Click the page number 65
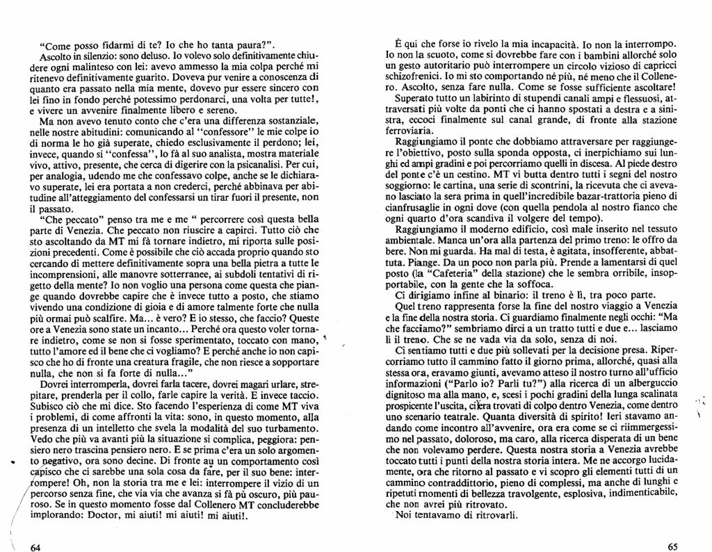click(x=672, y=546)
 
